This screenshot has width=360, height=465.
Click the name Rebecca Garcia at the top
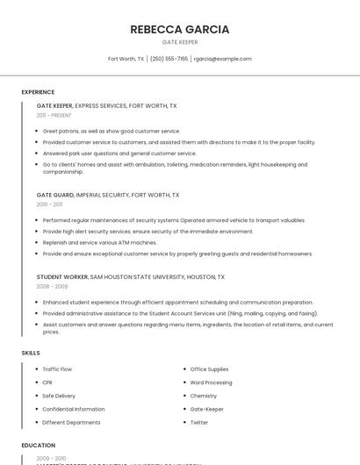[180, 29]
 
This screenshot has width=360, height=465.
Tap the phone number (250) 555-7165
[169, 59]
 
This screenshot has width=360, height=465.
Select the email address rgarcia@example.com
[223, 59]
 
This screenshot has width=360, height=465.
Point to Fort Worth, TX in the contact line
[126, 59]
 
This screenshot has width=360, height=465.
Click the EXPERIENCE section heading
[38, 92]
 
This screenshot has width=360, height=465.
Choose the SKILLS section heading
[31, 353]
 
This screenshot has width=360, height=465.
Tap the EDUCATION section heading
[39, 445]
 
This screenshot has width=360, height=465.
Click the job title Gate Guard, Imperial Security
[108, 195]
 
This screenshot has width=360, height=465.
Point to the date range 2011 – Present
[54, 115]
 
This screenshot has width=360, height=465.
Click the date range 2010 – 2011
[49, 204]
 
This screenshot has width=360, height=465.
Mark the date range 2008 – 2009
[52, 286]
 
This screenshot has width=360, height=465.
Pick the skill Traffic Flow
[57, 369]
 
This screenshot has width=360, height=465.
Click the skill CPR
[47, 383]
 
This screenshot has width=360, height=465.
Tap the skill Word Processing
[211, 383]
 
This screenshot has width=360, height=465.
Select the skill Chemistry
[203, 396]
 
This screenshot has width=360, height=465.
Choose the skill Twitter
[199, 422]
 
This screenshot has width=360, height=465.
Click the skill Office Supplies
[209, 369]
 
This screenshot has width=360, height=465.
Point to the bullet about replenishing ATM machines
[99, 242]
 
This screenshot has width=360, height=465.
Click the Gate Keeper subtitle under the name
[180, 42]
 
